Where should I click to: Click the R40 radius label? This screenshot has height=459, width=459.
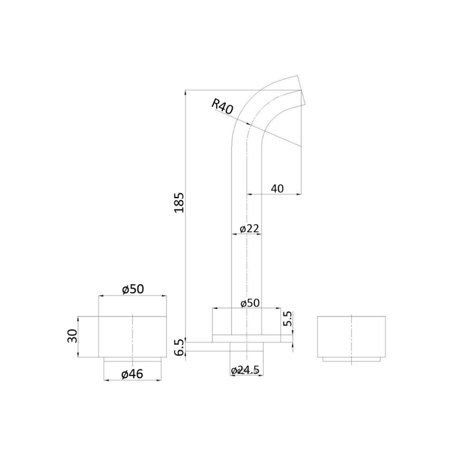(222, 106)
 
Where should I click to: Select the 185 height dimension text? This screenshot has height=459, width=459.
(179, 202)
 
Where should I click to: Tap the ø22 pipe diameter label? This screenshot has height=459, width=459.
(249, 228)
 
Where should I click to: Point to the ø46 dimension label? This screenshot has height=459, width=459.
(132, 373)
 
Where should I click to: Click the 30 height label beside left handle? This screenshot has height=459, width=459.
(72, 336)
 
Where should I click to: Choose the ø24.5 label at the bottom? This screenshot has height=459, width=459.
(246, 370)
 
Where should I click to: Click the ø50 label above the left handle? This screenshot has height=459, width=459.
(133, 289)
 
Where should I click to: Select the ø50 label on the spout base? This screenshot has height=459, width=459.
(249, 303)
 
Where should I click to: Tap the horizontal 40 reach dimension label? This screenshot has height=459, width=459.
(277, 188)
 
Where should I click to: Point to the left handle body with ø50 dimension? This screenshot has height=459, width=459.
(132, 336)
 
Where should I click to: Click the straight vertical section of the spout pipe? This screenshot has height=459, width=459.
(247, 259)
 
